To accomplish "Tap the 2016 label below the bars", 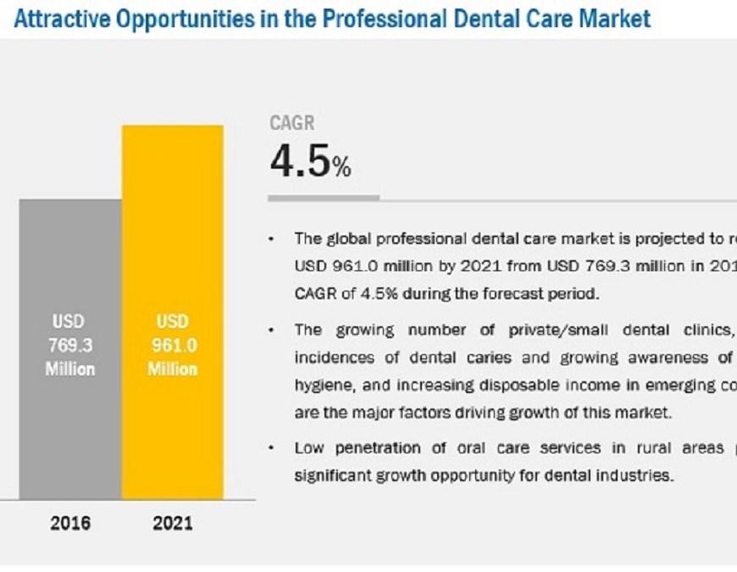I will tap(70, 523).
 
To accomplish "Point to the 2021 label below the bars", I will tap(173, 523).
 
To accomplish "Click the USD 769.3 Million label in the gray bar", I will tap(71, 346).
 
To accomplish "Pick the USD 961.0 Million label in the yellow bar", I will tap(173, 346).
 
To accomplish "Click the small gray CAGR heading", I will tap(292, 124).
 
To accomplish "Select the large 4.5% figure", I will tap(310, 162).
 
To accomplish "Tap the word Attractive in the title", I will tap(63, 18).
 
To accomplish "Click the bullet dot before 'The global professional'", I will tap(271, 240).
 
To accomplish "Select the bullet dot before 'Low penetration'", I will tap(271, 448).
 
